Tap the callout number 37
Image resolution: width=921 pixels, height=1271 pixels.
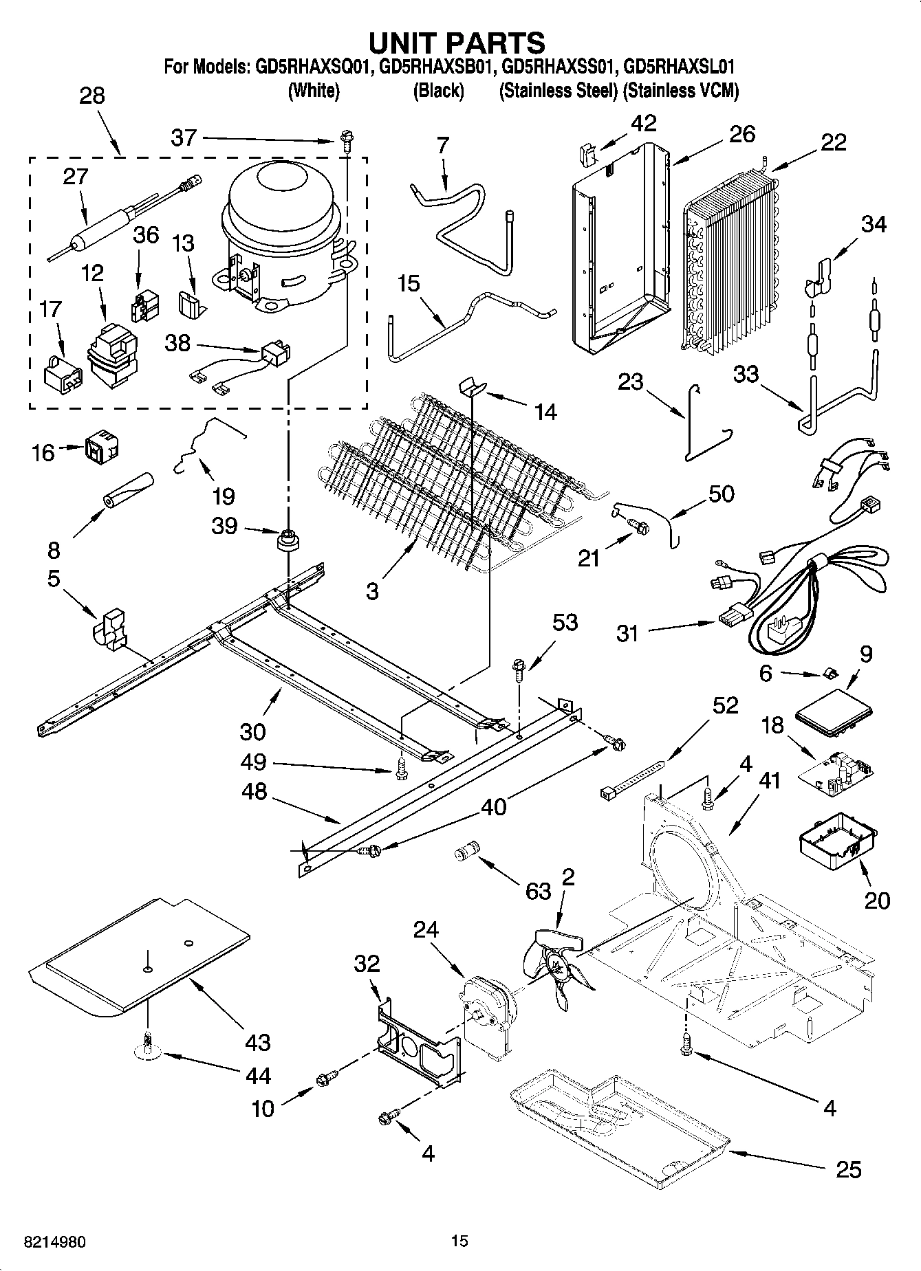(x=184, y=137)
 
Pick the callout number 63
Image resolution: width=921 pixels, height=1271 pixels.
(x=538, y=891)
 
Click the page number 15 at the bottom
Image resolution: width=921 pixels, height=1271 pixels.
(x=459, y=1241)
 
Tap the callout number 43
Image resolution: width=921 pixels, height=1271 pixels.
(x=257, y=1043)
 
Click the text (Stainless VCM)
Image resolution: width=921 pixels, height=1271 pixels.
(x=680, y=91)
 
